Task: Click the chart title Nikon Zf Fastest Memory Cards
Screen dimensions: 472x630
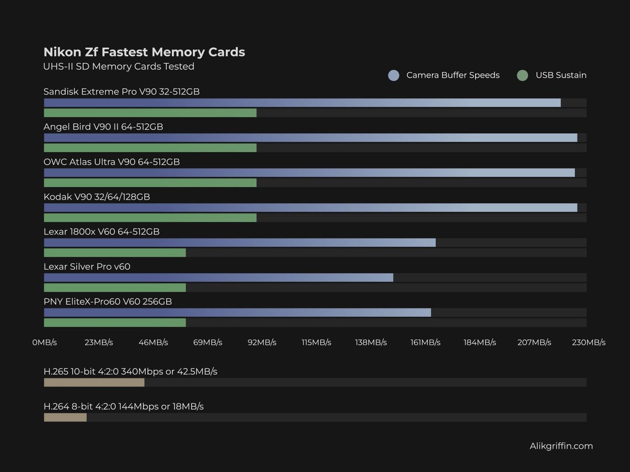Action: click(x=144, y=52)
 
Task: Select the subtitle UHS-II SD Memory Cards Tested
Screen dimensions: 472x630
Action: click(x=119, y=67)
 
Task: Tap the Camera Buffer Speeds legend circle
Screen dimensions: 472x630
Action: click(x=394, y=76)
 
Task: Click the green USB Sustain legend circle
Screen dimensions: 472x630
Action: click(x=522, y=76)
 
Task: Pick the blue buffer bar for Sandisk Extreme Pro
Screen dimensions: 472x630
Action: click(x=302, y=103)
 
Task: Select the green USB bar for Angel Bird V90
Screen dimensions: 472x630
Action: click(x=150, y=148)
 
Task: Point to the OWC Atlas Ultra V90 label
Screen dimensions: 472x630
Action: click(x=112, y=162)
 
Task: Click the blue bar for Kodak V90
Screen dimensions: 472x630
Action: click(x=310, y=208)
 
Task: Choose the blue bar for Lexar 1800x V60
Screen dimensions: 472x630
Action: click(x=239, y=242)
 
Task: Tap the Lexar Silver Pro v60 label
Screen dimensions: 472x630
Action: click(x=87, y=267)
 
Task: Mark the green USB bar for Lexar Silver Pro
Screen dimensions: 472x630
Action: click(x=114, y=287)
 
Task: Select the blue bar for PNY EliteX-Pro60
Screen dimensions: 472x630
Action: click(x=237, y=313)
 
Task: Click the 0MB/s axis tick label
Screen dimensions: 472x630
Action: click(x=45, y=342)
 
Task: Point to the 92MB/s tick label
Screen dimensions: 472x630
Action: click(x=262, y=342)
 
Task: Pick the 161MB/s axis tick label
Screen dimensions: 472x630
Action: click(x=425, y=342)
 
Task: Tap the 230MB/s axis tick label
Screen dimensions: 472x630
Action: click(x=589, y=342)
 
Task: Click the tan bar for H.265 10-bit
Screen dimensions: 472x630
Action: click(x=94, y=382)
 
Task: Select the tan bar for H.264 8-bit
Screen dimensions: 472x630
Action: click(x=65, y=417)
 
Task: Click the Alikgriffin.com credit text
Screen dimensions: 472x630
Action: click(x=561, y=446)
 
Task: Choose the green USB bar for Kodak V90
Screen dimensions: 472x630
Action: click(x=150, y=218)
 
